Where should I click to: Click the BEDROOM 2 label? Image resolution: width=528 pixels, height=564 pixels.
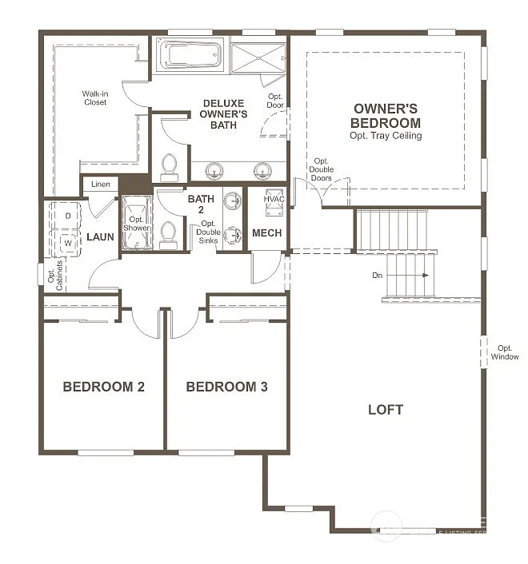click(103, 387)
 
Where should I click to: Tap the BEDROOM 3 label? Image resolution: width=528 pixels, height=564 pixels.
click(226, 387)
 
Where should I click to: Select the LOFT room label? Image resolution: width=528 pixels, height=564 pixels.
click(386, 410)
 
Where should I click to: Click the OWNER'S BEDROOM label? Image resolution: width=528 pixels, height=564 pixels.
click(386, 116)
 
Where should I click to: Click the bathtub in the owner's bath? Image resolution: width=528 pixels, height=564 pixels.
click(191, 56)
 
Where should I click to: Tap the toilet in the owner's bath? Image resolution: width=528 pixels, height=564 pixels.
click(170, 166)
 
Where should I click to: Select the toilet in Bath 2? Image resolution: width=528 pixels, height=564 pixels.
click(168, 233)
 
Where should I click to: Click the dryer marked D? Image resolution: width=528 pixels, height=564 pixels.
click(68, 216)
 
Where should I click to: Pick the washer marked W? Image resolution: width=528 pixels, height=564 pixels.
click(68, 240)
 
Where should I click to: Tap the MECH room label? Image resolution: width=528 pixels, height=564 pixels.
click(266, 233)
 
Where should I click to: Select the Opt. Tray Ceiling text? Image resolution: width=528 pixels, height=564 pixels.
click(386, 136)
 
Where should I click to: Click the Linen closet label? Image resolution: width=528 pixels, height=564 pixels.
click(101, 185)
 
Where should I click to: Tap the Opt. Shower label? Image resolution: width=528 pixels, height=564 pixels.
click(137, 223)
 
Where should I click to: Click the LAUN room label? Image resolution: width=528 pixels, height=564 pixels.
click(101, 237)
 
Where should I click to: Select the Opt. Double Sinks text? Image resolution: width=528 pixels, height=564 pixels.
click(210, 232)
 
